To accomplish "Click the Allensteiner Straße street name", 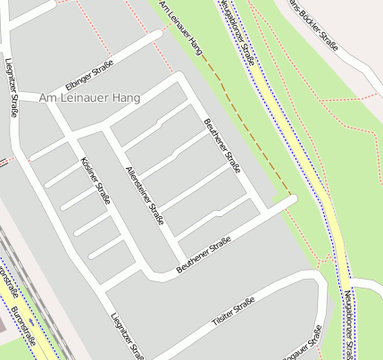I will pyautogui.click(x=145, y=194).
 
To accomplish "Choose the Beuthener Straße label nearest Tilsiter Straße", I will pyautogui.click(x=204, y=255).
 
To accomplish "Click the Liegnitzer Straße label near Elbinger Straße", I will pyautogui.click(x=12, y=88).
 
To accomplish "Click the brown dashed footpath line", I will pyautogui.click(x=246, y=125).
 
